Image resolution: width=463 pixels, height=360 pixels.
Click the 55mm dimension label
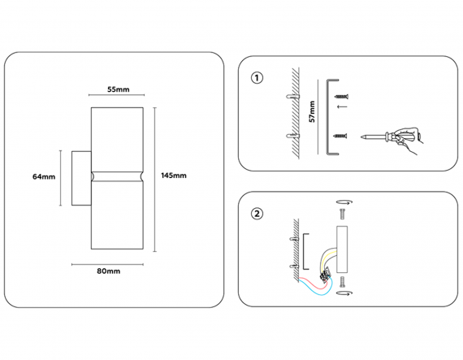tap(119, 89)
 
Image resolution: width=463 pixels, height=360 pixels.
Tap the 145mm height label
tap(174, 176)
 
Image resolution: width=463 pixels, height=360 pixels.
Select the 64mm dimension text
tap(44, 177)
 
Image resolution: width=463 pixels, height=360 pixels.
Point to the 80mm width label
tap(109, 271)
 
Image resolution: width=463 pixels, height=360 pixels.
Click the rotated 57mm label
tap(312, 111)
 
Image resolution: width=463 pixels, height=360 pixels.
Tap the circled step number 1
tap(257, 78)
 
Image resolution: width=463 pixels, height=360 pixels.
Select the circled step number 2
tap(257, 214)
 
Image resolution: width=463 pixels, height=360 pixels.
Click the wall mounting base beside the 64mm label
tap(81, 179)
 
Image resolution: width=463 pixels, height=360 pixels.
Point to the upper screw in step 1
tap(342, 96)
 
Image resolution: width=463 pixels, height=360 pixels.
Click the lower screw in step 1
tap(340, 136)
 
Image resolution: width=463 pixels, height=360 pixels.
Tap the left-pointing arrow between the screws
tap(342, 106)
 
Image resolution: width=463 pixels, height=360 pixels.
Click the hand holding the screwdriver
tap(408, 140)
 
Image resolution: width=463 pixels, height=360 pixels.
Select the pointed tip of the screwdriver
tap(361, 137)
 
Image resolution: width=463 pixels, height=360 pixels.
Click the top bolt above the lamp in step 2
tap(343, 214)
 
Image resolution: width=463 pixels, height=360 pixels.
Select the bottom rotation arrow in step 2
tap(344, 293)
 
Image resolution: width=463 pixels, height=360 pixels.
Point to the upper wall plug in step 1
tap(293, 96)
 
